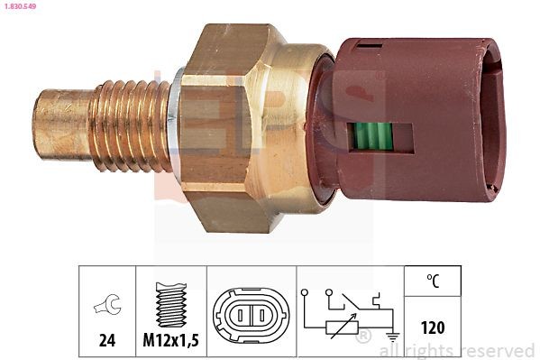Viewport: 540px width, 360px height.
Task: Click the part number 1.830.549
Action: pyautogui.click(x=21, y=6)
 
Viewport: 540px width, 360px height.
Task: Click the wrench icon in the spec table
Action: pyautogui.click(x=106, y=307)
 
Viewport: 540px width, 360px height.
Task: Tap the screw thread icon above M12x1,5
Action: pyautogui.click(x=171, y=301)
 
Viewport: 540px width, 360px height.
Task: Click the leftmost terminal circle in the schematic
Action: pyautogui.click(x=306, y=292)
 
